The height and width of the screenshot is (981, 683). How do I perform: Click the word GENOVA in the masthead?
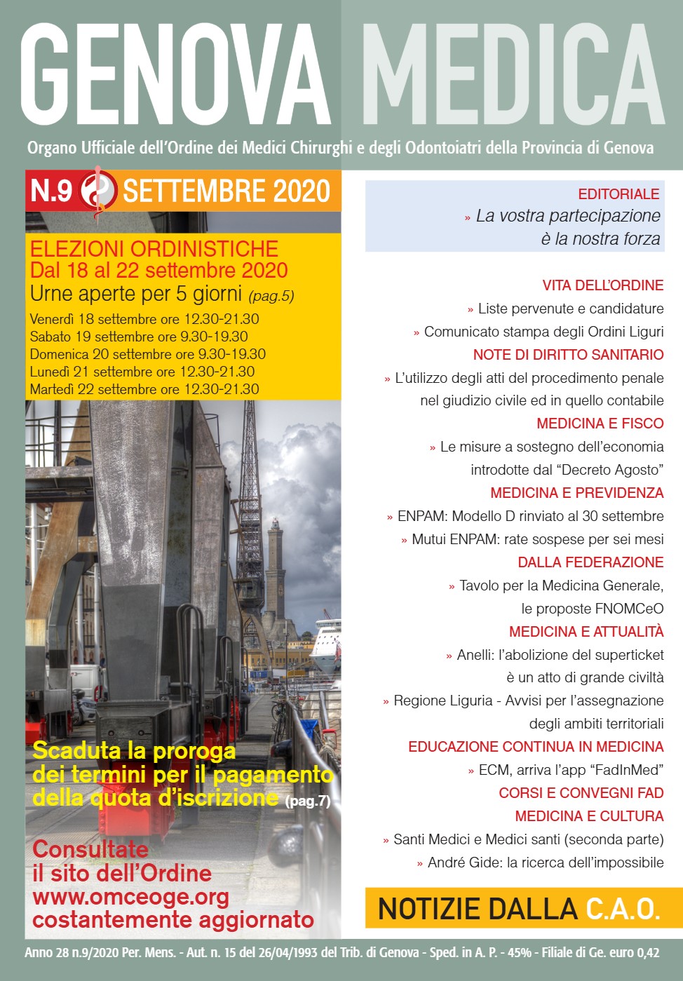(175, 75)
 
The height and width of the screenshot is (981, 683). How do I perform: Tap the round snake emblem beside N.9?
(97, 190)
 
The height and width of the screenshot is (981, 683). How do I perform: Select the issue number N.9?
(51, 191)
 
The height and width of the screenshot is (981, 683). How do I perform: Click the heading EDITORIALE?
(618, 194)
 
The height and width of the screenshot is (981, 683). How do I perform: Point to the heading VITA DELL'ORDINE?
(602, 285)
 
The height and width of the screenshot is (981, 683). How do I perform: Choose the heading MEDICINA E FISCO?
(600, 424)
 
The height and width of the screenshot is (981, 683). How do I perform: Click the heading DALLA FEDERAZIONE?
(590, 562)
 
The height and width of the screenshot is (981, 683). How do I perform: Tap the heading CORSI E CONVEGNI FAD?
(581, 793)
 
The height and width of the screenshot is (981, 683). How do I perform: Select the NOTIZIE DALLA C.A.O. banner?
(519, 909)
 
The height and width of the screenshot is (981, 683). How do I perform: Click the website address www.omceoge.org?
(130, 897)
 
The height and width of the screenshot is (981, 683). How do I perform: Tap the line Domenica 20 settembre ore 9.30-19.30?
(148, 354)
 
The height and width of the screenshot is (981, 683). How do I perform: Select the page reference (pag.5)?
(271, 296)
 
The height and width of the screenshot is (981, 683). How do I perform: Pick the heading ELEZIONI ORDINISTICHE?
(154, 249)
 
